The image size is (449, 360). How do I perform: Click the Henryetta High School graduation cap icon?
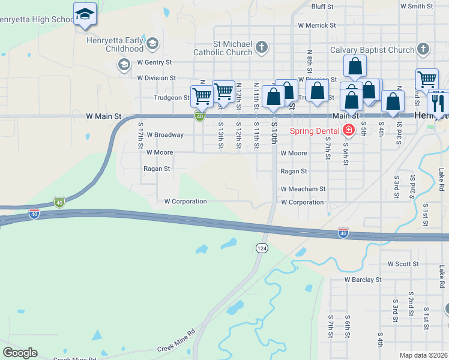click(x=85, y=14)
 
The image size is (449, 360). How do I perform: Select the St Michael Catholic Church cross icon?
click(x=261, y=47)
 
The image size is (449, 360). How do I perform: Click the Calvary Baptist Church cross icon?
click(x=423, y=49)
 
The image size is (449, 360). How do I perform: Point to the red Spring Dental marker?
click(x=348, y=130)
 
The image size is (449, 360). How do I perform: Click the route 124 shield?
click(x=262, y=248)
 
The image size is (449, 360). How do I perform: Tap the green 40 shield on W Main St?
click(x=199, y=116)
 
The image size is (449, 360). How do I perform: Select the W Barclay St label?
click(x=363, y=280)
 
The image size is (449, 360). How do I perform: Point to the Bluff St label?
click(x=326, y=7)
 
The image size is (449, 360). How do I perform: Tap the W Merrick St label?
click(x=317, y=25)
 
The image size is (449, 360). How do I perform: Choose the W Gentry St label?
click(x=154, y=62)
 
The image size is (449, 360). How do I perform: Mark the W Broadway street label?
click(x=164, y=134)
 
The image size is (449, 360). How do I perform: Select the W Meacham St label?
click(x=303, y=188)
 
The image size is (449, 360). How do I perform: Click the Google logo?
click(x=20, y=352)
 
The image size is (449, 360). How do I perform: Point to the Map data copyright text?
click(x=423, y=355)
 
